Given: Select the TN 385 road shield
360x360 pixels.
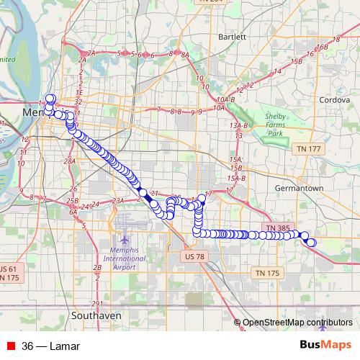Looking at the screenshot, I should (277, 228).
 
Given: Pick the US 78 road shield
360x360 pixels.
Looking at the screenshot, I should (195, 256).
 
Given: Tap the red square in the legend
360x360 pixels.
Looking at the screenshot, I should (9, 346).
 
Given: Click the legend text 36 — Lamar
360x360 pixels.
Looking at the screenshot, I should (50, 346).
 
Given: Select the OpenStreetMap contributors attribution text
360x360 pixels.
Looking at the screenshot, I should (297, 323).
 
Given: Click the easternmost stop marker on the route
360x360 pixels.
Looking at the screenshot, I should (312, 243).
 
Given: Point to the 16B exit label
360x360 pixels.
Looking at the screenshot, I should (321, 48).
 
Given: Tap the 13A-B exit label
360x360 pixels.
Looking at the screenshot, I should (238, 125).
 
